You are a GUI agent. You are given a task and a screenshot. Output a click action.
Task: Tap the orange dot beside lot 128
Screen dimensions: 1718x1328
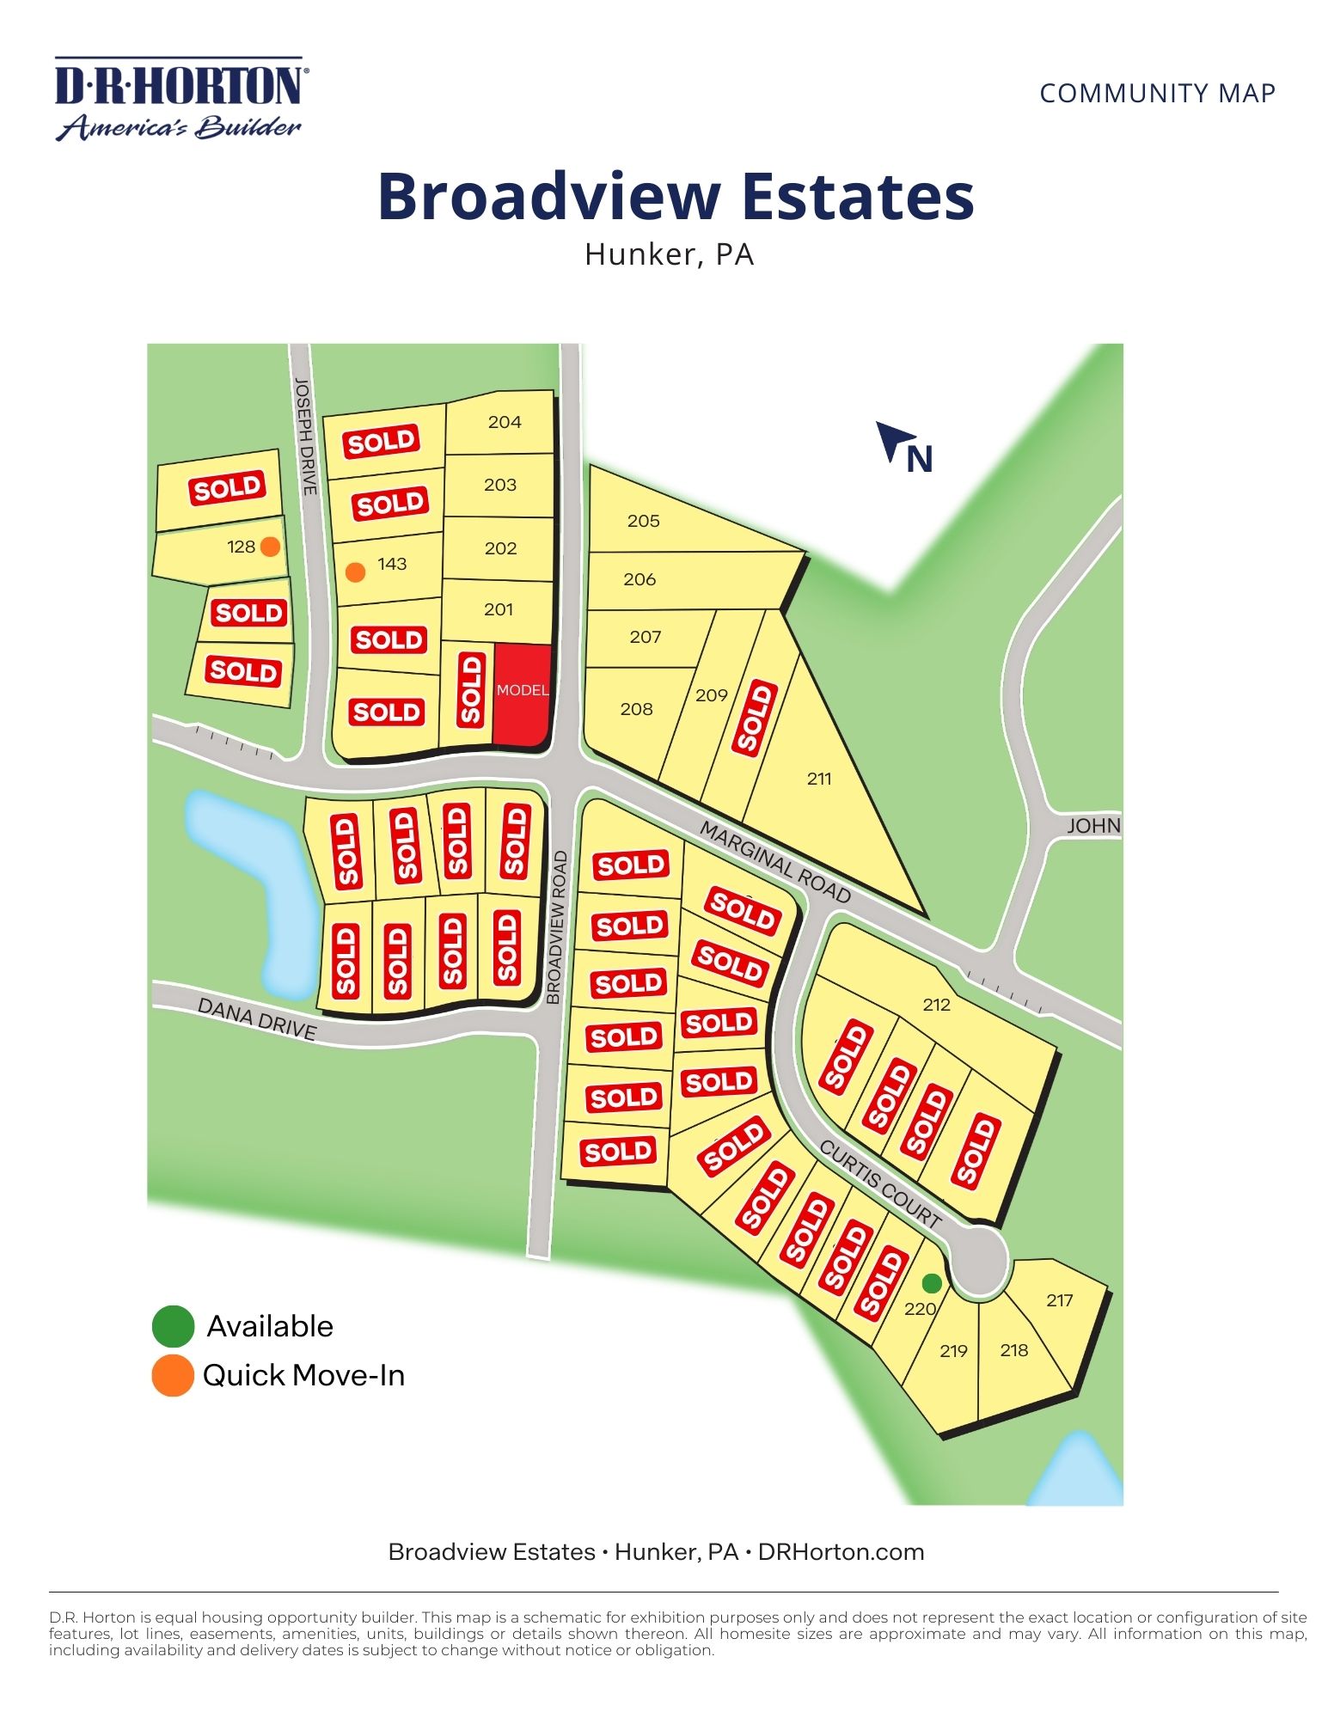270,547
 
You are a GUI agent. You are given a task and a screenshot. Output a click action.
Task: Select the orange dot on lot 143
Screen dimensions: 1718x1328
355,572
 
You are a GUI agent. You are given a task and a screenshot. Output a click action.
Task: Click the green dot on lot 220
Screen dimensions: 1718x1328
932,1283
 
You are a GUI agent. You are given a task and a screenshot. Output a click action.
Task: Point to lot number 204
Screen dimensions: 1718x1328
505,422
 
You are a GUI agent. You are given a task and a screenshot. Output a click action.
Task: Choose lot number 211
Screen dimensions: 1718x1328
819,779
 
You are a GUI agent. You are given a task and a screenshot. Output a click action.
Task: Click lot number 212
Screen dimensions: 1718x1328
936,1005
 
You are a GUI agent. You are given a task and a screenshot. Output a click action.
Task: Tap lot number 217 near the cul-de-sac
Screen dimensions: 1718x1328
1059,1300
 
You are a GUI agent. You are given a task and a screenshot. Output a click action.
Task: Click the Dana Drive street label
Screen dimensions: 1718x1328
257,1018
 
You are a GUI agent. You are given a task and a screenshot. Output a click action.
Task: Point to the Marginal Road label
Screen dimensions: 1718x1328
774,861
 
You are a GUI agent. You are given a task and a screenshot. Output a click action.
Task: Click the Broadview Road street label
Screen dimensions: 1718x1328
556,927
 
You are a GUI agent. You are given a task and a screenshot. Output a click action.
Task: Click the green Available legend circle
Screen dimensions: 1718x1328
173,1326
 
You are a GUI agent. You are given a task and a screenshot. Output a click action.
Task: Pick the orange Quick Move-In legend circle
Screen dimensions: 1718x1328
173,1376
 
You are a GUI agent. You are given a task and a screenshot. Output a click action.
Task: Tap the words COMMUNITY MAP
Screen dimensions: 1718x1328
1157,93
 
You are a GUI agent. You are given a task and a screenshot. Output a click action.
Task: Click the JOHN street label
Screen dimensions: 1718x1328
1093,826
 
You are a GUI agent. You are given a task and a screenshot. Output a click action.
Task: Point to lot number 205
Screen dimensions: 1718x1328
643,521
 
